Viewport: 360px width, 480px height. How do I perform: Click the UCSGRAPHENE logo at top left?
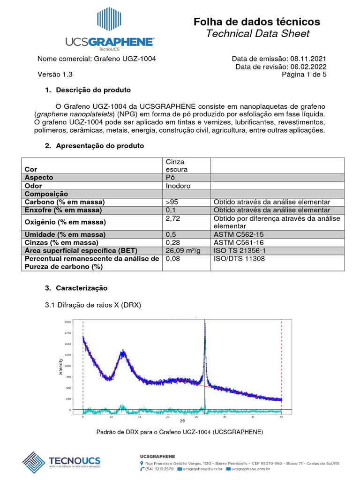110,29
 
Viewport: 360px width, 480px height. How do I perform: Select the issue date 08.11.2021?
308,59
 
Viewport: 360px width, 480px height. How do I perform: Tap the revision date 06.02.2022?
308,67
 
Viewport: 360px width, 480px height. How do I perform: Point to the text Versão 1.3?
55,74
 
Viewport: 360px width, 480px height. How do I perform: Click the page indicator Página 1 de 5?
304,74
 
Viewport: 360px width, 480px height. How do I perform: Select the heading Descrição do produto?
93,90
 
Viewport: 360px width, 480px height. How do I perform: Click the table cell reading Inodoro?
178,186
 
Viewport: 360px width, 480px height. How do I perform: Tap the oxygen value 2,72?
173,218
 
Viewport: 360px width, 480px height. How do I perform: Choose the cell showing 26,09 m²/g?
183,250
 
